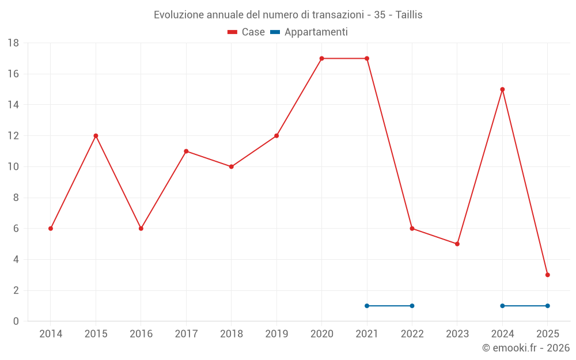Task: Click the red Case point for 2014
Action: coord(51,229)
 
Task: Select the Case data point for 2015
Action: coord(96,136)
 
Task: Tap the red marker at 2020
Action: coord(321,58)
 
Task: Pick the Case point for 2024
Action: coord(502,89)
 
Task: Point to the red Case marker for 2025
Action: coord(547,275)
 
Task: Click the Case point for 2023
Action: coord(457,244)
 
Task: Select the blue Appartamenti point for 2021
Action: coord(367,306)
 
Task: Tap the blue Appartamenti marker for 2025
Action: coord(547,306)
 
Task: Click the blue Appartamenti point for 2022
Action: coord(412,306)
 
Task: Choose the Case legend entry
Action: coord(246,32)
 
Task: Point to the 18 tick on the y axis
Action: coord(13,43)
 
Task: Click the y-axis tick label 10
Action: coord(13,167)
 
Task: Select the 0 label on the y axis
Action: coord(16,321)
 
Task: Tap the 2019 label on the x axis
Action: coord(276,334)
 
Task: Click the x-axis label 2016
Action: coord(141,334)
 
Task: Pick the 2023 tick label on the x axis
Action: coord(457,334)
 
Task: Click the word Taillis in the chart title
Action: coord(409,15)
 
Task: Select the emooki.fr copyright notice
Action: coord(525,348)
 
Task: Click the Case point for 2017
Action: coord(186,151)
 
